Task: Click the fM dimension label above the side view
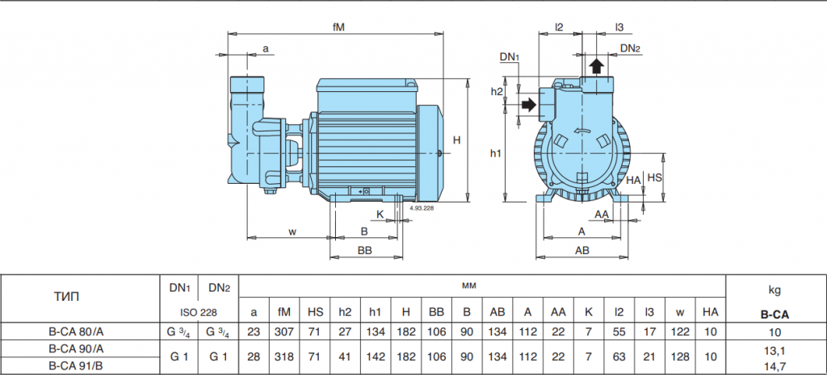coord(338,27)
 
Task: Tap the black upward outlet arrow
coord(597,66)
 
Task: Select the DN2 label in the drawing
coord(630,48)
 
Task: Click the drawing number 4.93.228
coord(422,209)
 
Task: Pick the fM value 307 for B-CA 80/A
coord(283,331)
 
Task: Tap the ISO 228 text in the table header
coord(199,312)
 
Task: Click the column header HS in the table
coord(316,312)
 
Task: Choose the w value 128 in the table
coord(680,357)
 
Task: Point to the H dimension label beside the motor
coord(457,140)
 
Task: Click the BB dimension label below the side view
coord(364,251)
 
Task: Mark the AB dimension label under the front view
coord(581,251)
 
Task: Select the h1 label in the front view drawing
coord(496,153)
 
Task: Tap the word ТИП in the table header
coord(67,297)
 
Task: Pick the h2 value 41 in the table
coord(345,357)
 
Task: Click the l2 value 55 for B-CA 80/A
coord(619,331)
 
